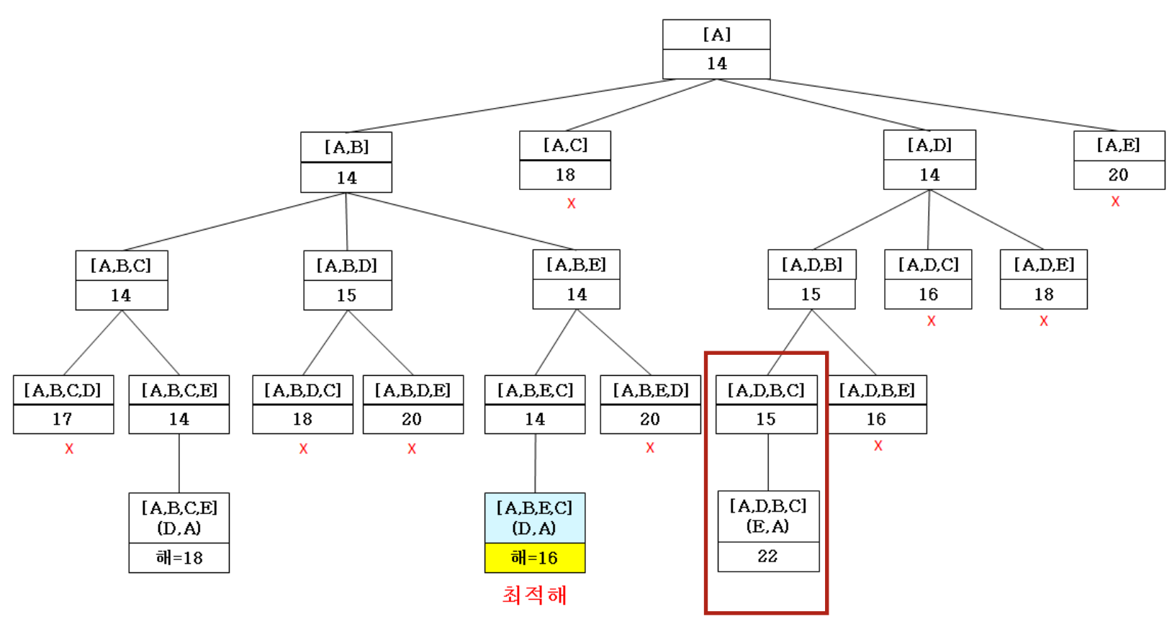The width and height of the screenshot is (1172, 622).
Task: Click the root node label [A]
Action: [x=716, y=35]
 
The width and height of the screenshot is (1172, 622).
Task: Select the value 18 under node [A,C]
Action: [x=565, y=175]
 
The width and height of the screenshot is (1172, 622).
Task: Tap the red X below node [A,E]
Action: [x=1115, y=202]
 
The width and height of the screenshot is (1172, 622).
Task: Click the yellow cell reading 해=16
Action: [x=535, y=558]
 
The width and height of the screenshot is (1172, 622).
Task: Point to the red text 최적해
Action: [x=535, y=595]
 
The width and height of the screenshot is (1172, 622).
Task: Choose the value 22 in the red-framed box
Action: [x=767, y=556]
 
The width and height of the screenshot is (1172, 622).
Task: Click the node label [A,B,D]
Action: [x=347, y=266]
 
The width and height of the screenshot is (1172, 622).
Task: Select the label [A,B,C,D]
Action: [x=63, y=390]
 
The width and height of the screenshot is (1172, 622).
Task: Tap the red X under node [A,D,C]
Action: [x=931, y=321]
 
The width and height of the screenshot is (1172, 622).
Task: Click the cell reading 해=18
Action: [x=179, y=558]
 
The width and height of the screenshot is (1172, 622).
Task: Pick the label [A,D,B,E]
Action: [x=877, y=390]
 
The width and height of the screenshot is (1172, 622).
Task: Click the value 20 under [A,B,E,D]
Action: [x=650, y=419]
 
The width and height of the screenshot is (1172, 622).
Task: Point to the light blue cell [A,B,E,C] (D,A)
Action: [x=535, y=518]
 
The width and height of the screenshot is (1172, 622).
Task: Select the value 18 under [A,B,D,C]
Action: [x=302, y=419]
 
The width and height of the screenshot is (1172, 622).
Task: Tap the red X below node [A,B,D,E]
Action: [x=412, y=449]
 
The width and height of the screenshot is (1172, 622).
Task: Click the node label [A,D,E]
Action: [x=1044, y=265]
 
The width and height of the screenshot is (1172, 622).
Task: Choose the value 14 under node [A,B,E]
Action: [x=577, y=294]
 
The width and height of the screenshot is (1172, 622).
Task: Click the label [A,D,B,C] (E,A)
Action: [x=768, y=516]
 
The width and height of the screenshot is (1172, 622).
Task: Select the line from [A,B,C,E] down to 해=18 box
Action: [x=179, y=463]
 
